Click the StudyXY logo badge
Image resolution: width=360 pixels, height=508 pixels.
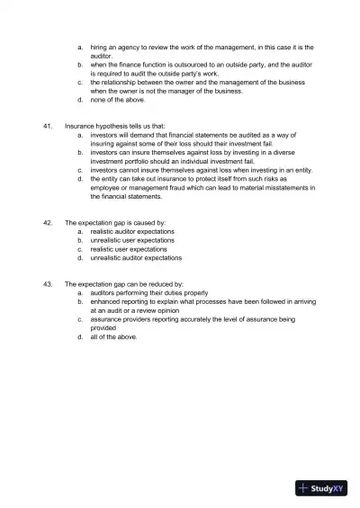point(321,489)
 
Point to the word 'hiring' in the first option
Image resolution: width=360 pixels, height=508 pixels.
point(99,47)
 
